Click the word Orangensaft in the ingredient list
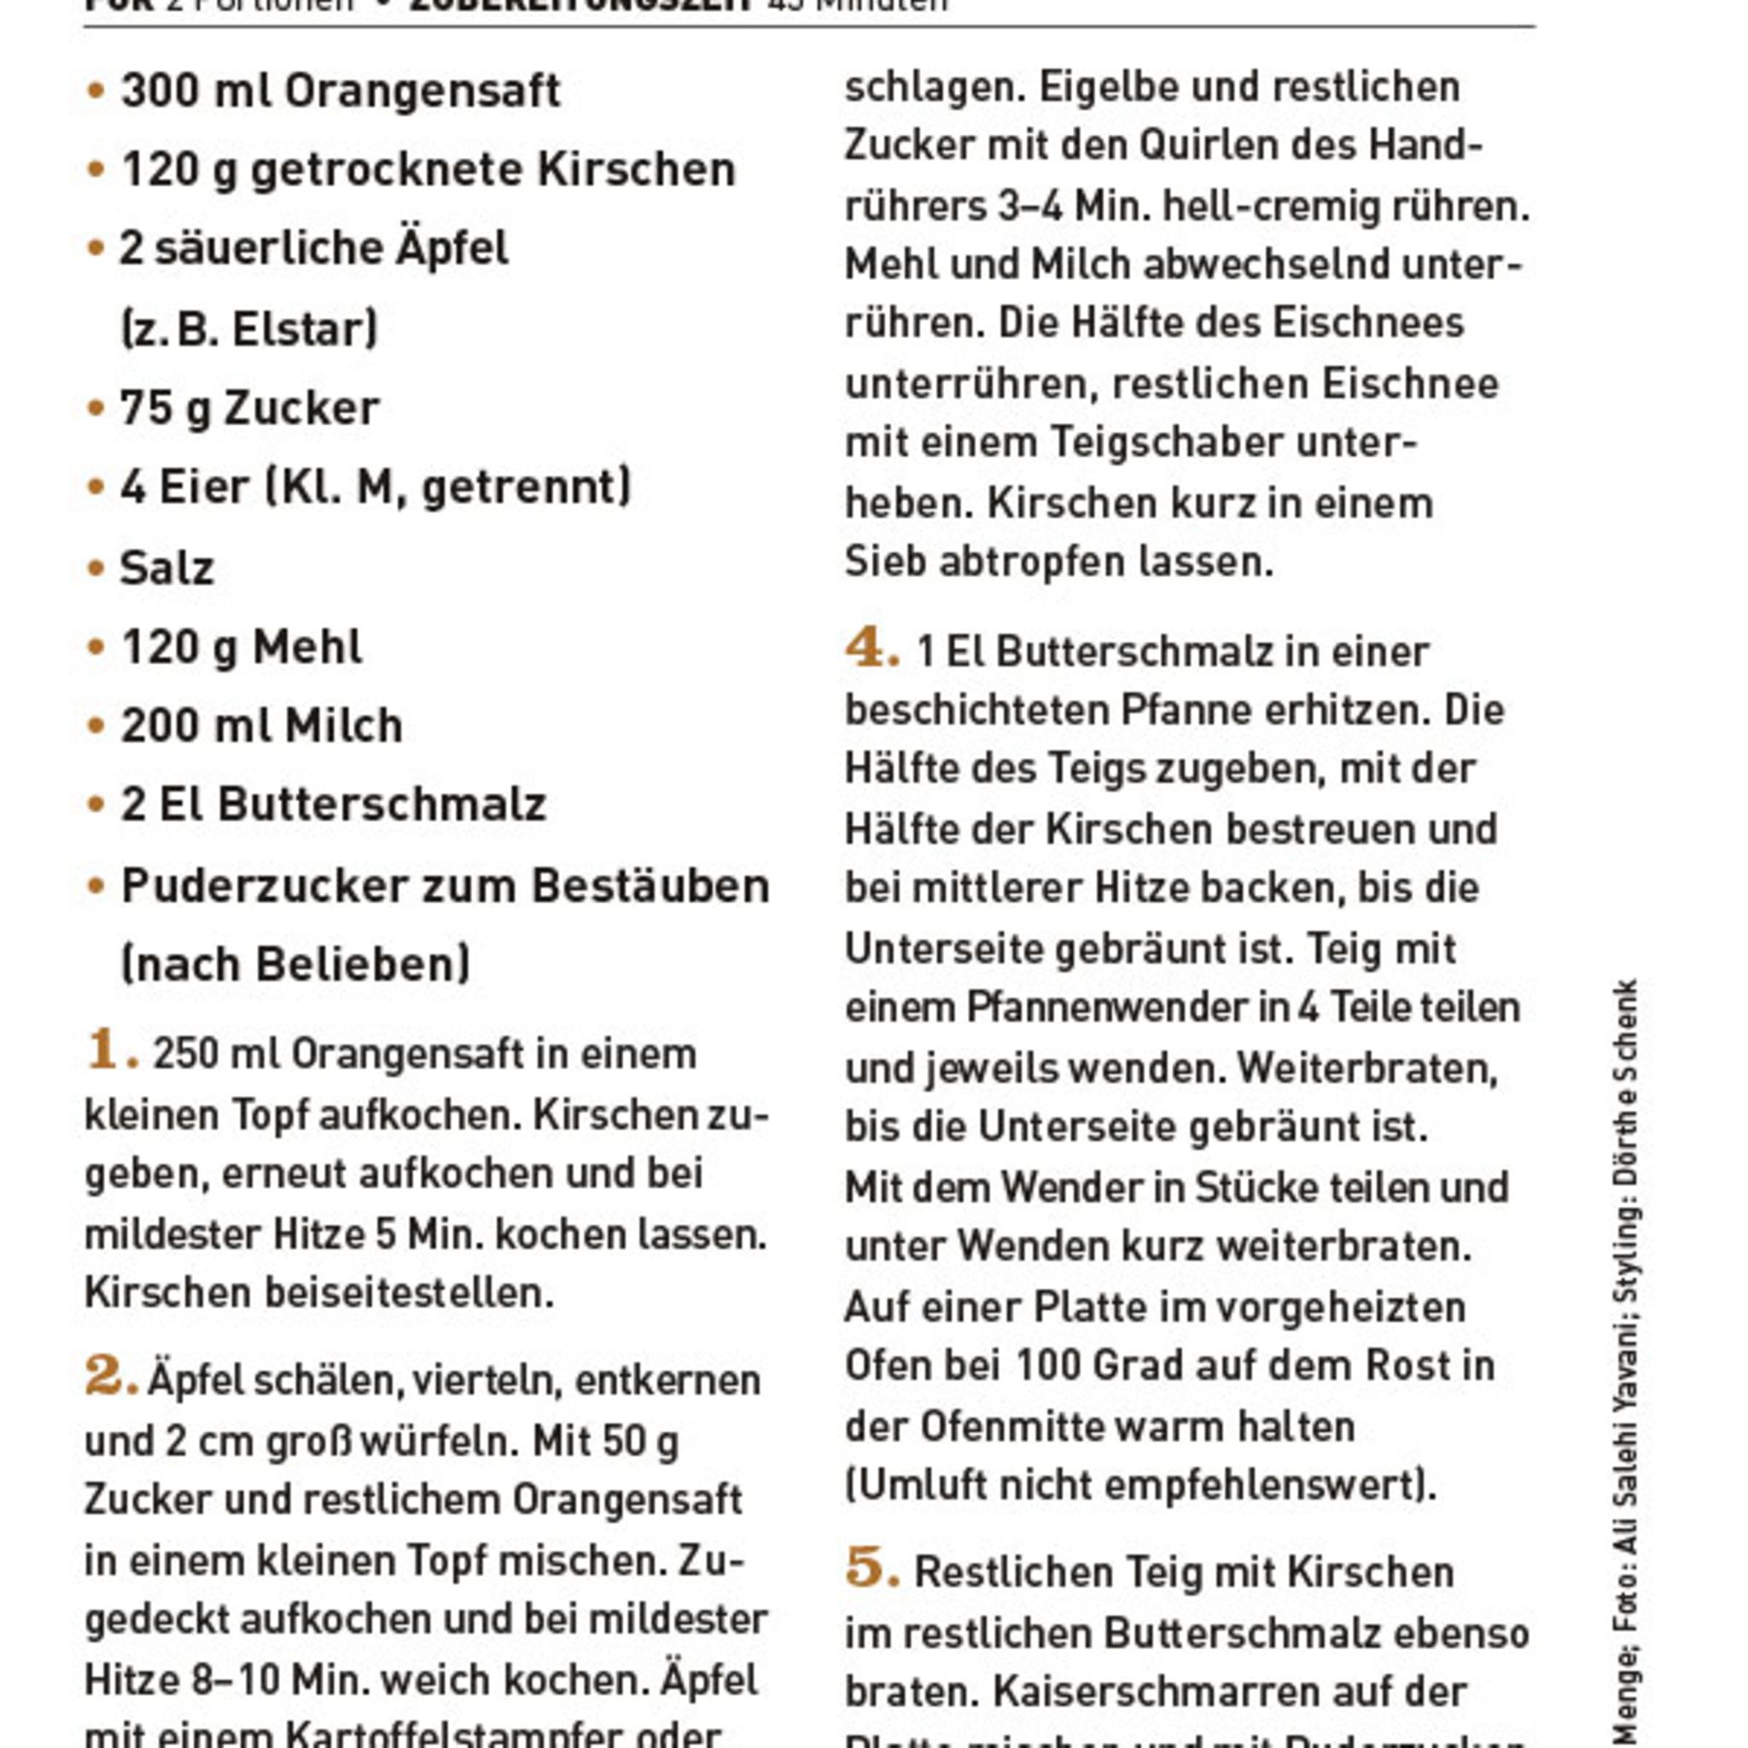[x=422, y=90]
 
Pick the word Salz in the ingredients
[x=167, y=568]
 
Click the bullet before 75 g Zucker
[x=96, y=408]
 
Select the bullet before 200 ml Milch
[x=96, y=725]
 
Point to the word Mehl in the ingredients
[x=306, y=647]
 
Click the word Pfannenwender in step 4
[x=1109, y=1007]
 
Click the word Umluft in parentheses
[x=909, y=1485]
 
